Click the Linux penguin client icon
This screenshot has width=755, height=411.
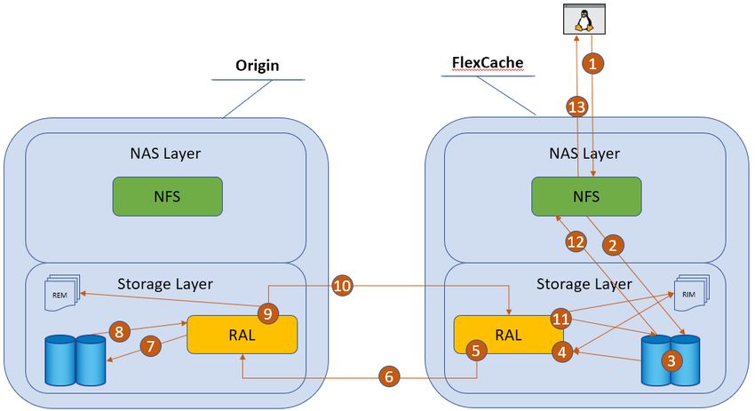coord(584,20)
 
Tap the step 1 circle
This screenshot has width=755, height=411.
coord(592,63)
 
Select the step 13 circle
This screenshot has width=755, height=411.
coord(576,107)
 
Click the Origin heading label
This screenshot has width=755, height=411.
coord(257,65)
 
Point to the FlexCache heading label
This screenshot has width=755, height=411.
coord(488,62)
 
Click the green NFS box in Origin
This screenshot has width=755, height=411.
coord(168,196)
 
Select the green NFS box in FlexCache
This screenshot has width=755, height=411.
coord(586,196)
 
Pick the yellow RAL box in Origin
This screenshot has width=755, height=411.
coord(242,335)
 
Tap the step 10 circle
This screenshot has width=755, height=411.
coord(342,287)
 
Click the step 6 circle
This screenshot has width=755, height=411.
coord(389,375)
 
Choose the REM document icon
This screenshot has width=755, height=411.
coord(62,293)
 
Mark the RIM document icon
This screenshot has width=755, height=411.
coord(692,292)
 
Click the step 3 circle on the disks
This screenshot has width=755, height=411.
coord(672,360)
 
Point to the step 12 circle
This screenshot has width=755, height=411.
coord(576,242)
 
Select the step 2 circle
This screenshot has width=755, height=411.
coord(613,246)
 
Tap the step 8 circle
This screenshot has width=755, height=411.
coord(119,332)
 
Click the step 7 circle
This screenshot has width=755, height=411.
coord(151,346)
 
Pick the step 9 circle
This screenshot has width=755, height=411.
coord(268,314)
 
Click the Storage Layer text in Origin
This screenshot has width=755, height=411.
coord(165,284)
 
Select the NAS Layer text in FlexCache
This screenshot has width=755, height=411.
coord(584,154)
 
